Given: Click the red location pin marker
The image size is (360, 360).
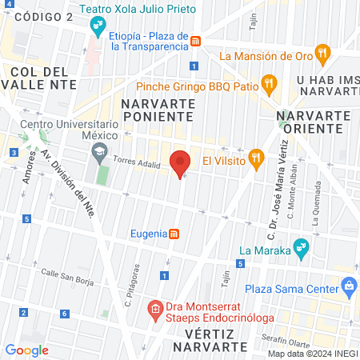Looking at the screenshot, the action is click(180, 162).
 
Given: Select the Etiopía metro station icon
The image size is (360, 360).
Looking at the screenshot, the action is click(195, 39).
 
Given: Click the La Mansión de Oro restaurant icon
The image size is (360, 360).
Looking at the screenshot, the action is click(322, 55).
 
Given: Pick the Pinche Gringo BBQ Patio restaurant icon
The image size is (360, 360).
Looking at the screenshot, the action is click(270, 82).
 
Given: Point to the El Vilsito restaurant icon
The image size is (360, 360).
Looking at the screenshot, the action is click(256, 159).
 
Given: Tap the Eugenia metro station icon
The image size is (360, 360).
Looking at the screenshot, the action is click(174, 234).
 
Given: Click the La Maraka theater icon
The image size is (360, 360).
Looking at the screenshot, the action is click(301, 248).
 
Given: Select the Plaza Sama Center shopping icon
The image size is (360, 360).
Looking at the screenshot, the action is click(348, 286).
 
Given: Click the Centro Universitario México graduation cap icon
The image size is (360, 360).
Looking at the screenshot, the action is click(98, 150).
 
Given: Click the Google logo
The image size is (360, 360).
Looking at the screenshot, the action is click(26, 350).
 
